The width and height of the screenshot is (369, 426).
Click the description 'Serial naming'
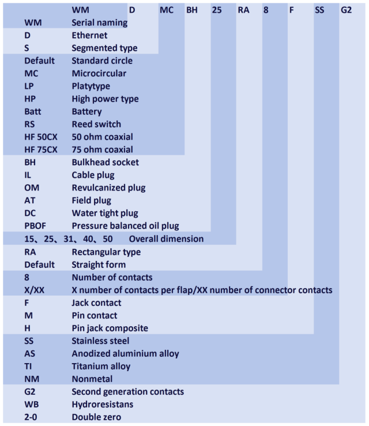[x=99, y=23]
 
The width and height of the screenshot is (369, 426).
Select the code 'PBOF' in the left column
[x=35, y=226]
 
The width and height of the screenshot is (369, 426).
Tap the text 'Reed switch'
[x=96, y=124]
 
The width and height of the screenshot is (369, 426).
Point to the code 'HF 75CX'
[x=41, y=150]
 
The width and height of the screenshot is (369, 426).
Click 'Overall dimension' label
[x=166, y=239]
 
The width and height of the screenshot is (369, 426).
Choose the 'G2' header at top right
[x=346, y=10]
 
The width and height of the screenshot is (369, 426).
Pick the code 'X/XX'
[x=34, y=290]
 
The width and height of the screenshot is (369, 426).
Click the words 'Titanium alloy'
[x=101, y=366]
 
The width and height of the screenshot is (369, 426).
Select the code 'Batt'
[x=32, y=111]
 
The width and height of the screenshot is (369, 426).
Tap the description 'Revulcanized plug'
[x=108, y=188]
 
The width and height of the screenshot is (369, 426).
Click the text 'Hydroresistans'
[x=103, y=404]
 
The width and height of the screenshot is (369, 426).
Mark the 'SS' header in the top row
[x=319, y=10]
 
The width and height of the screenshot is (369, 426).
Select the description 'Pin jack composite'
[x=110, y=328]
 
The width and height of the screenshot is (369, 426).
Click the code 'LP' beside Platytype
[x=29, y=86]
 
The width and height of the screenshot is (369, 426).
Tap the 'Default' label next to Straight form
[x=39, y=264]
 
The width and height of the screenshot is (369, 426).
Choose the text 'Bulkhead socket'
[x=106, y=162]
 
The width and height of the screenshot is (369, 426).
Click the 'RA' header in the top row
[x=243, y=10]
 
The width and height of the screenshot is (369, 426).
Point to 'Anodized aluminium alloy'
[x=125, y=353]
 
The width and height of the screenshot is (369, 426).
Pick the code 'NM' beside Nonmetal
[x=32, y=379]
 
